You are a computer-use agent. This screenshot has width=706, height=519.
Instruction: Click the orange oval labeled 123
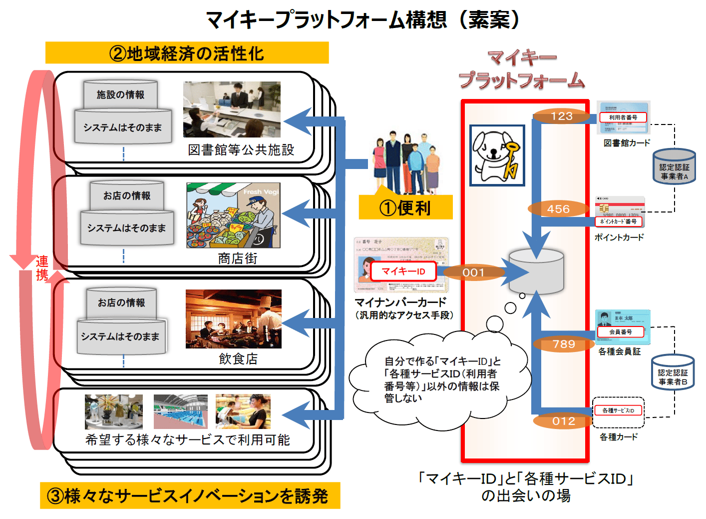561,116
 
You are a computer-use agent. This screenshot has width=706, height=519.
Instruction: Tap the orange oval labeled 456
558,209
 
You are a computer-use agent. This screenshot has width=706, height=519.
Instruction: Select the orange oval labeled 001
473,272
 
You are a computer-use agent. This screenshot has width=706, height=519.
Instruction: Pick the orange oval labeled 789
564,344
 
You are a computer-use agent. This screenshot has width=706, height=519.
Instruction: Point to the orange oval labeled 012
563,421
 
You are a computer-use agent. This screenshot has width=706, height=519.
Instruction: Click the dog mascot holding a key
497,155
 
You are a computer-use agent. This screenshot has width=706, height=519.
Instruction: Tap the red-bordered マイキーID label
403,271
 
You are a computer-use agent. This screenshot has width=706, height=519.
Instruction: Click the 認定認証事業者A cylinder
674,167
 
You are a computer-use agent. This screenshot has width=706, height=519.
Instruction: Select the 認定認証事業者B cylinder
673,372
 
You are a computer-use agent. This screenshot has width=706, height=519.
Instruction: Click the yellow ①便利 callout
405,207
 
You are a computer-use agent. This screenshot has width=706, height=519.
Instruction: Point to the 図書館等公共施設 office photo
232,109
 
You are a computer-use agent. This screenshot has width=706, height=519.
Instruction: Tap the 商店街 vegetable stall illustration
233,215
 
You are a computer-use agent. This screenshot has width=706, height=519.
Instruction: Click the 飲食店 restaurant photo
233,319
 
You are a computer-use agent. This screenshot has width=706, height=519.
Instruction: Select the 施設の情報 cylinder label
120,94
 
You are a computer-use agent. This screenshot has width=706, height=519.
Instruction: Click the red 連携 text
42,268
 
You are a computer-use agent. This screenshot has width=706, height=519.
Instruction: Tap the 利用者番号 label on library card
623,117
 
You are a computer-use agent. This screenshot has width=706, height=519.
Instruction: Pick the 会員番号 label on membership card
620,332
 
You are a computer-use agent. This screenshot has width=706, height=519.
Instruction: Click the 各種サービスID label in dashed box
618,410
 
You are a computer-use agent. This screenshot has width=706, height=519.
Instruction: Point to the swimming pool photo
180,411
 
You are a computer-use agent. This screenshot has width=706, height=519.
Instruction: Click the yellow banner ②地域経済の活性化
187,53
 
